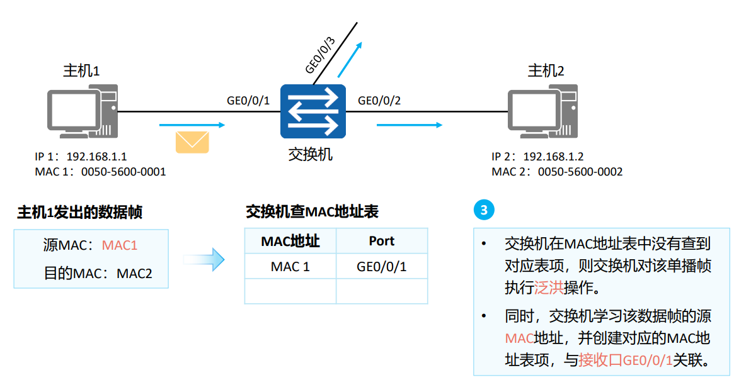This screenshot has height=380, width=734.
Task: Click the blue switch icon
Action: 313,111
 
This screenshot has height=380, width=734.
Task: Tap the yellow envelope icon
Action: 192,142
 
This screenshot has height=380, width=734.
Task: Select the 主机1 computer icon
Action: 83,111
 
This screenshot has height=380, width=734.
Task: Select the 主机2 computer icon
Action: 542,111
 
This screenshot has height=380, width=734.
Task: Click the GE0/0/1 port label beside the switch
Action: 248,101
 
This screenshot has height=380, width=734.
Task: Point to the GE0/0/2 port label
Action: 379,101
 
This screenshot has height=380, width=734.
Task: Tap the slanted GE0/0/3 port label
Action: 320,55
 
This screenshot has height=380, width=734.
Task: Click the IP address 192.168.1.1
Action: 96,157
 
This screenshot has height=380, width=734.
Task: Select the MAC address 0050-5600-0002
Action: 580,172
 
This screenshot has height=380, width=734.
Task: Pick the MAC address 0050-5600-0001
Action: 123,172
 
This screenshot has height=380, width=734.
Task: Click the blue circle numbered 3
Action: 484,210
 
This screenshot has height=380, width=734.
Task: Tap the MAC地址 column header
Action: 290,241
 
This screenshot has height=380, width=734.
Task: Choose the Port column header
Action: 382,241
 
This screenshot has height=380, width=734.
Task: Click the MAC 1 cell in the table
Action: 290,267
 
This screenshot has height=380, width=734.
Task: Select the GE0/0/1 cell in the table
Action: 382,267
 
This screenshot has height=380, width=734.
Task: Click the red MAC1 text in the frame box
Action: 119,245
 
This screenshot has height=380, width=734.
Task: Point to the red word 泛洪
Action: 549,288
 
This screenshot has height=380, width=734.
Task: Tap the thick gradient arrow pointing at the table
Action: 204,259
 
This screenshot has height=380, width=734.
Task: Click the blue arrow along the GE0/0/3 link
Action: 350,59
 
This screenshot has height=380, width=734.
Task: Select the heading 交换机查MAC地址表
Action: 313,212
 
